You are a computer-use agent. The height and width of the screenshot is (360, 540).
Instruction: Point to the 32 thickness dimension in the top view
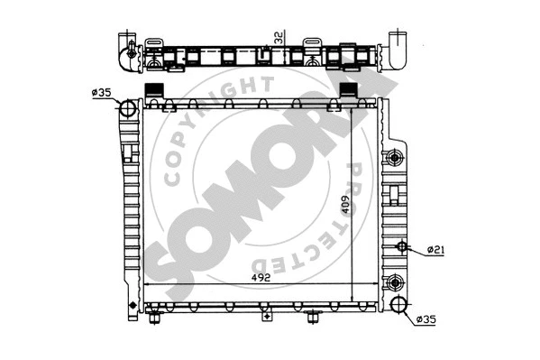click(x=279, y=40)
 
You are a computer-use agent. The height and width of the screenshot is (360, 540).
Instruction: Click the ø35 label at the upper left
click(x=102, y=91)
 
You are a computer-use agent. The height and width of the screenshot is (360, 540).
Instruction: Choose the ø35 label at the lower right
click(x=426, y=318)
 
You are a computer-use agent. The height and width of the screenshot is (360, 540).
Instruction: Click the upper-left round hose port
click(x=127, y=109)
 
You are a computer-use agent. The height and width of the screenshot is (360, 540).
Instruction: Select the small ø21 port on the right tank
click(x=402, y=246)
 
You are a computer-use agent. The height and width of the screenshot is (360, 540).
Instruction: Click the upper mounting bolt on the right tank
click(x=394, y=159)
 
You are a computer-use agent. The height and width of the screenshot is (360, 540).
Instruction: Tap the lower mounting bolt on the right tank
click(x=394, y=283)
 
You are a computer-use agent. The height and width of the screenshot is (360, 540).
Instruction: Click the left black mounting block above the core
click(x=153, y=90)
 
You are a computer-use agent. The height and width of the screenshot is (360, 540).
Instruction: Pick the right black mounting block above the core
click(x=339, y=90)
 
